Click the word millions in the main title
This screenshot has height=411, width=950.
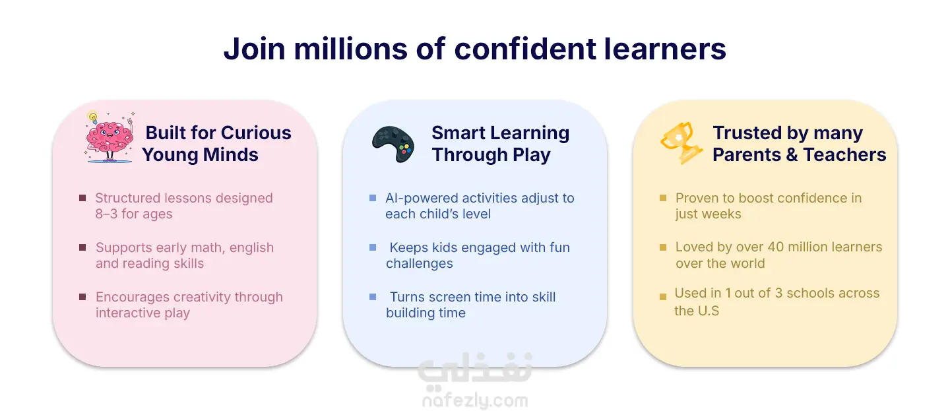pyautogui.click(x=350, y=49)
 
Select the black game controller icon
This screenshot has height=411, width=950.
pyautogui.click(x=393, y=144)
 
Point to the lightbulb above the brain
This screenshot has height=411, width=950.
pyautogui.click(x=92, y=117)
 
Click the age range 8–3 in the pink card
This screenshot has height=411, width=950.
pyautogui.click(x=106, y=214)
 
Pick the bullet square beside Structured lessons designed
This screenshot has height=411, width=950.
pyautogui.click(x=82, y=198)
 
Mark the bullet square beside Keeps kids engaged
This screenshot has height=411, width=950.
pyautogui.click(x=373, y=247)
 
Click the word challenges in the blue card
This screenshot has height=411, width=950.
pyautogui.click(x=419, y=263)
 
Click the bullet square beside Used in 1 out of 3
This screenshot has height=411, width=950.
pyautogui.click(x=663, y=297)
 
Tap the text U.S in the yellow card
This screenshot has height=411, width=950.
pyautogui.click(x=709, y=311)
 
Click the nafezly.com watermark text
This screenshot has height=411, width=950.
pyautogui.click(x=475, y=400)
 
